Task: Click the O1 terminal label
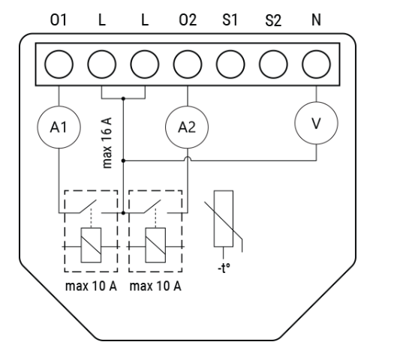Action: point(59,20)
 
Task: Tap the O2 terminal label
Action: point(188,20)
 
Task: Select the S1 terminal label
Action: point(230,20)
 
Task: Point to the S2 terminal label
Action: point(273,20)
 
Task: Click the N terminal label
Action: point(316,20)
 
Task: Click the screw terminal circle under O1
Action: point(59,64)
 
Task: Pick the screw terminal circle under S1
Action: point(230,64)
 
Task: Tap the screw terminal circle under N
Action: point(317,64)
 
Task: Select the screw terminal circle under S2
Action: point(273,64)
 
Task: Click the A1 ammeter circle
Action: point(59,127)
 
